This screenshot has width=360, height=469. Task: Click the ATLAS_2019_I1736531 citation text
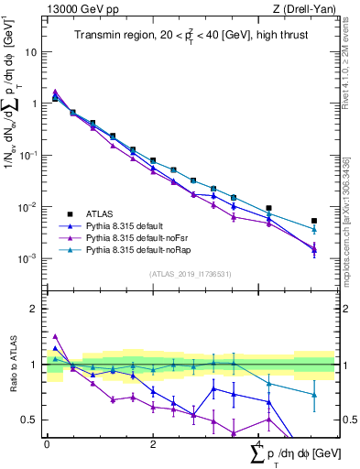coord(189,273)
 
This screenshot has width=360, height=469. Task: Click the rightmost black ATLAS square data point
coord(314,221)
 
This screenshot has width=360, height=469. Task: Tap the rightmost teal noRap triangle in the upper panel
coord(314,229)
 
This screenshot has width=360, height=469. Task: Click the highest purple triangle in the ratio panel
coord(55,336)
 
